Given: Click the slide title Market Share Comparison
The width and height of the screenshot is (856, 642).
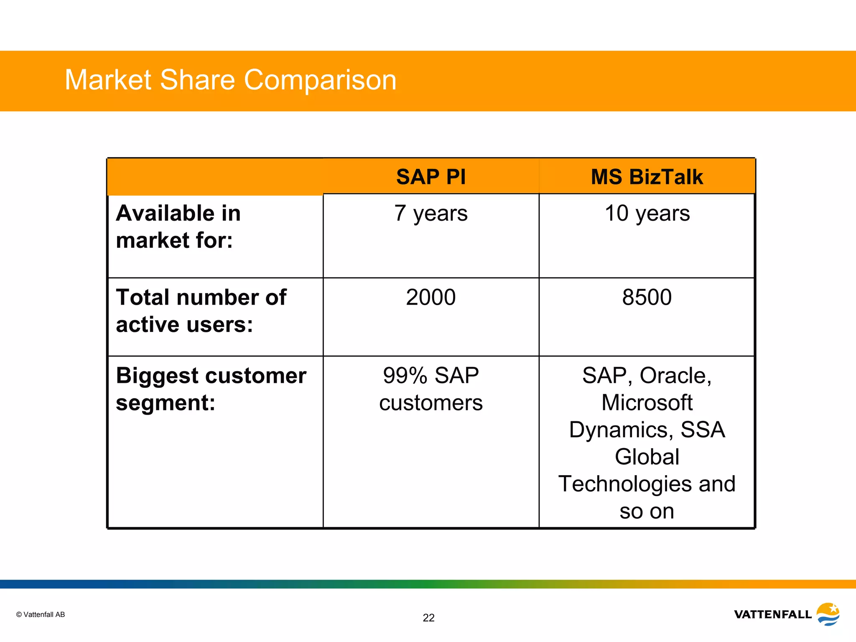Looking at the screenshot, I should coord(230,80).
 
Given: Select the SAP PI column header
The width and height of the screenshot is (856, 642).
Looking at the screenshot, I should coord(431,177).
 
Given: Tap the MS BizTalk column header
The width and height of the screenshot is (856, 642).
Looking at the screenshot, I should coord(647,177).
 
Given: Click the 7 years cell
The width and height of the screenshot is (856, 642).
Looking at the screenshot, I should coord(431,214).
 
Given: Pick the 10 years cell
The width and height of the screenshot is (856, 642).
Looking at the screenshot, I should coord(647,214).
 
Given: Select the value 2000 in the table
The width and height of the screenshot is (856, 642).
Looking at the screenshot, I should coord(431,298).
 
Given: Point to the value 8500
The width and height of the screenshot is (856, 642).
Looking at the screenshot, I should coord(647,298).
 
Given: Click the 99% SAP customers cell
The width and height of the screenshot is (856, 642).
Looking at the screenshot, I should coord(431,389).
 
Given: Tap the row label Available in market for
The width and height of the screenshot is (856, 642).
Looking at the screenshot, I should coord(178,227).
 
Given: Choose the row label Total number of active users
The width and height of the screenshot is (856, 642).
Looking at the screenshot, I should coord(201,311).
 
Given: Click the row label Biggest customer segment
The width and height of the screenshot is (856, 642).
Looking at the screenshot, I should coord(211,389).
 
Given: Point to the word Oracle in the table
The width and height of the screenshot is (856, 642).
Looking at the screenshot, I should coord(675,376).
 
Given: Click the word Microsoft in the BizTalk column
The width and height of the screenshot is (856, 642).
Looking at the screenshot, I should coord(647,403).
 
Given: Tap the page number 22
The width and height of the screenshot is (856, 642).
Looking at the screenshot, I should coord(428,618).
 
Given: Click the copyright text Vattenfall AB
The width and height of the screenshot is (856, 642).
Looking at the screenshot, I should coord(41,614).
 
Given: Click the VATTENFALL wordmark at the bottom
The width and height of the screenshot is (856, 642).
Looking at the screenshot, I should coord(772,614).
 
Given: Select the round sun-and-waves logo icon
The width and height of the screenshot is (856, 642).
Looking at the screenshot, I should coord(828,614).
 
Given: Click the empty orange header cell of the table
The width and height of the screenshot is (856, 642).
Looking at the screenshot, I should coord(215,177).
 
